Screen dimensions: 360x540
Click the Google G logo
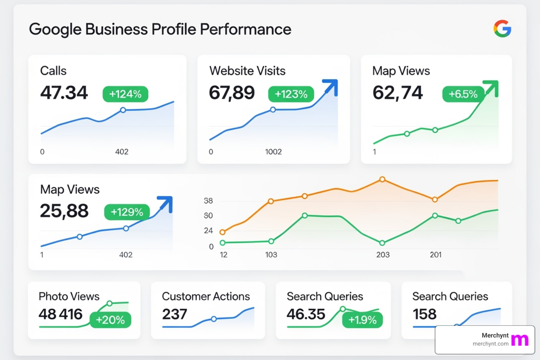pos(502,28)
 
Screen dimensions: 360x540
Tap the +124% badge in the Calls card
pos(125,94)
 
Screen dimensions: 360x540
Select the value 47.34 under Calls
pos(64,92)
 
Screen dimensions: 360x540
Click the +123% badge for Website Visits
pos(291,94)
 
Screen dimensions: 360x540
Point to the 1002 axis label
pos(273,152)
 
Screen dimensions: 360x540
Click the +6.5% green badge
pos(463,94)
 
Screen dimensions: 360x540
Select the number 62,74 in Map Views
pos(397,93)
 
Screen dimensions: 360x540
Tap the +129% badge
pos(127,212)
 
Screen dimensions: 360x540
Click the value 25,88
pos(64,211)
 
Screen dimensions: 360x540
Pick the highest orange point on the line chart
pos(382,180)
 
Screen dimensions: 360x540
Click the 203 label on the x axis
pos(382,255)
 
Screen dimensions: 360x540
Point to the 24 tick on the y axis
pos(208,231)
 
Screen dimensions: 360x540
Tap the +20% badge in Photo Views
pos(110,320)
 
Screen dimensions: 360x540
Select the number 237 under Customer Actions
pos(174,314)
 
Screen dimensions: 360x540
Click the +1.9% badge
pos(362,320)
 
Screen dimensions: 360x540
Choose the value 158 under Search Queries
pos(424,314)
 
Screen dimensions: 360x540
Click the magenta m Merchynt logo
pos(520,340)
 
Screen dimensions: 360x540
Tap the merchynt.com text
pos(490,344)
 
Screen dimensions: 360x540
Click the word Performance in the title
pos(246,29)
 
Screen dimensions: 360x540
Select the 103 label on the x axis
pos(271,255)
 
